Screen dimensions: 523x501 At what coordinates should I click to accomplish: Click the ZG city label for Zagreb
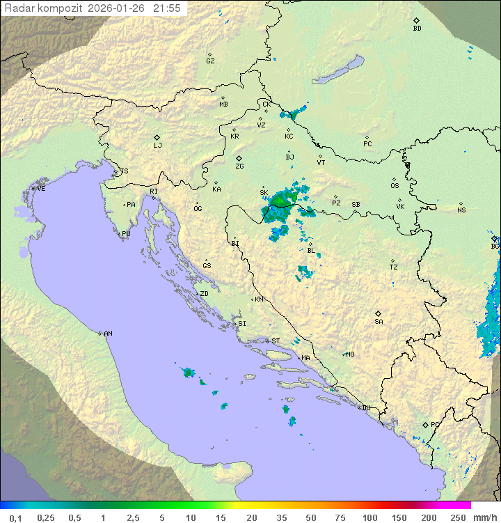[x=239, y=167]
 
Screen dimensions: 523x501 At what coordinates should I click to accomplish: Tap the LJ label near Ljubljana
[x=157, y=146]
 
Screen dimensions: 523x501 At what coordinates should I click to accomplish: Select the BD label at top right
[x=417, y=29]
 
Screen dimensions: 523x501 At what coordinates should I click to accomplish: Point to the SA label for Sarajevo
[x=379, y=322]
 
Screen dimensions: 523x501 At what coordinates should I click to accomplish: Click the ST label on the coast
[x=276, y=341]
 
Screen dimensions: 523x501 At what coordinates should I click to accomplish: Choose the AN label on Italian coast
[x=108, y=334]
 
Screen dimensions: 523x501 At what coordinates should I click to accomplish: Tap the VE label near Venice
[x=41, y=189]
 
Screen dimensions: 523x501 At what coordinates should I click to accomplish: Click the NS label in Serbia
[x=461, y=210]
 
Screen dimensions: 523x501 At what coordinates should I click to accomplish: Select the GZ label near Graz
[x=210, y=61]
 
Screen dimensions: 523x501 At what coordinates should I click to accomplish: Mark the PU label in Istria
[x=126, y=234]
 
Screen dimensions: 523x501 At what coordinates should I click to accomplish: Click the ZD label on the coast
[x=204, y=294]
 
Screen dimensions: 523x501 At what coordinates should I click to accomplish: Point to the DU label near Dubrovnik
[x=365, y=408]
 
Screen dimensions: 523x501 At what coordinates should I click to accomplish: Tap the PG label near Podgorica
[x=435, y=424]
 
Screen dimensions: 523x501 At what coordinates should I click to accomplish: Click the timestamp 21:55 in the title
[x=167, y=8]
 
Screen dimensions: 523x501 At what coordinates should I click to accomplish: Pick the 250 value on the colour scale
[x=457, y=517]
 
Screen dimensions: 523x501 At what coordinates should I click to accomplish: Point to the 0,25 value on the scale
[x=46, y=517]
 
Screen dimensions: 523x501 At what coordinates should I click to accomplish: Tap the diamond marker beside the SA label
[x=379, y=313]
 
